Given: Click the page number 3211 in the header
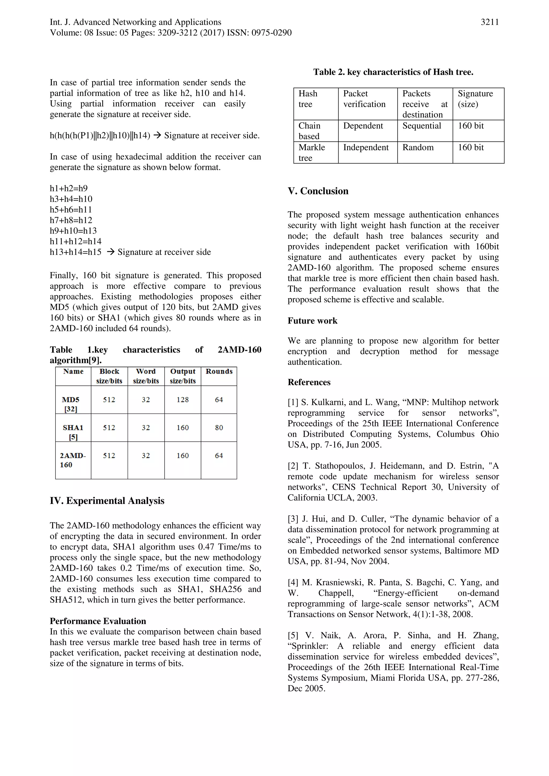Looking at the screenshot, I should point(489,22).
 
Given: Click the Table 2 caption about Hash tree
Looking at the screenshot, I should point(393,72).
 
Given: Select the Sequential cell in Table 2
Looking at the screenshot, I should point(421,126).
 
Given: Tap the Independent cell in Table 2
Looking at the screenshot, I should point(366,147).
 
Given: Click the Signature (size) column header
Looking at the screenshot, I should point(475,99).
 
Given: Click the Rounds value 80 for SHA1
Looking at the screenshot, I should point(219,428).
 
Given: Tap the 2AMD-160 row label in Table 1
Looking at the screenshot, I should point(73,460).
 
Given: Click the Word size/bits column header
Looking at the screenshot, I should point(146,376).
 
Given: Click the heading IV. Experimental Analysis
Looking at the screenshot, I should point(107,501).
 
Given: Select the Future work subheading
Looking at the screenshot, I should point(312,321).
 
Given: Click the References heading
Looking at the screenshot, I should point(309,382).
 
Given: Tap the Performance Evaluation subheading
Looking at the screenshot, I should point(98,621).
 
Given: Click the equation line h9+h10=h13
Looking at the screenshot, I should point(73,231).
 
